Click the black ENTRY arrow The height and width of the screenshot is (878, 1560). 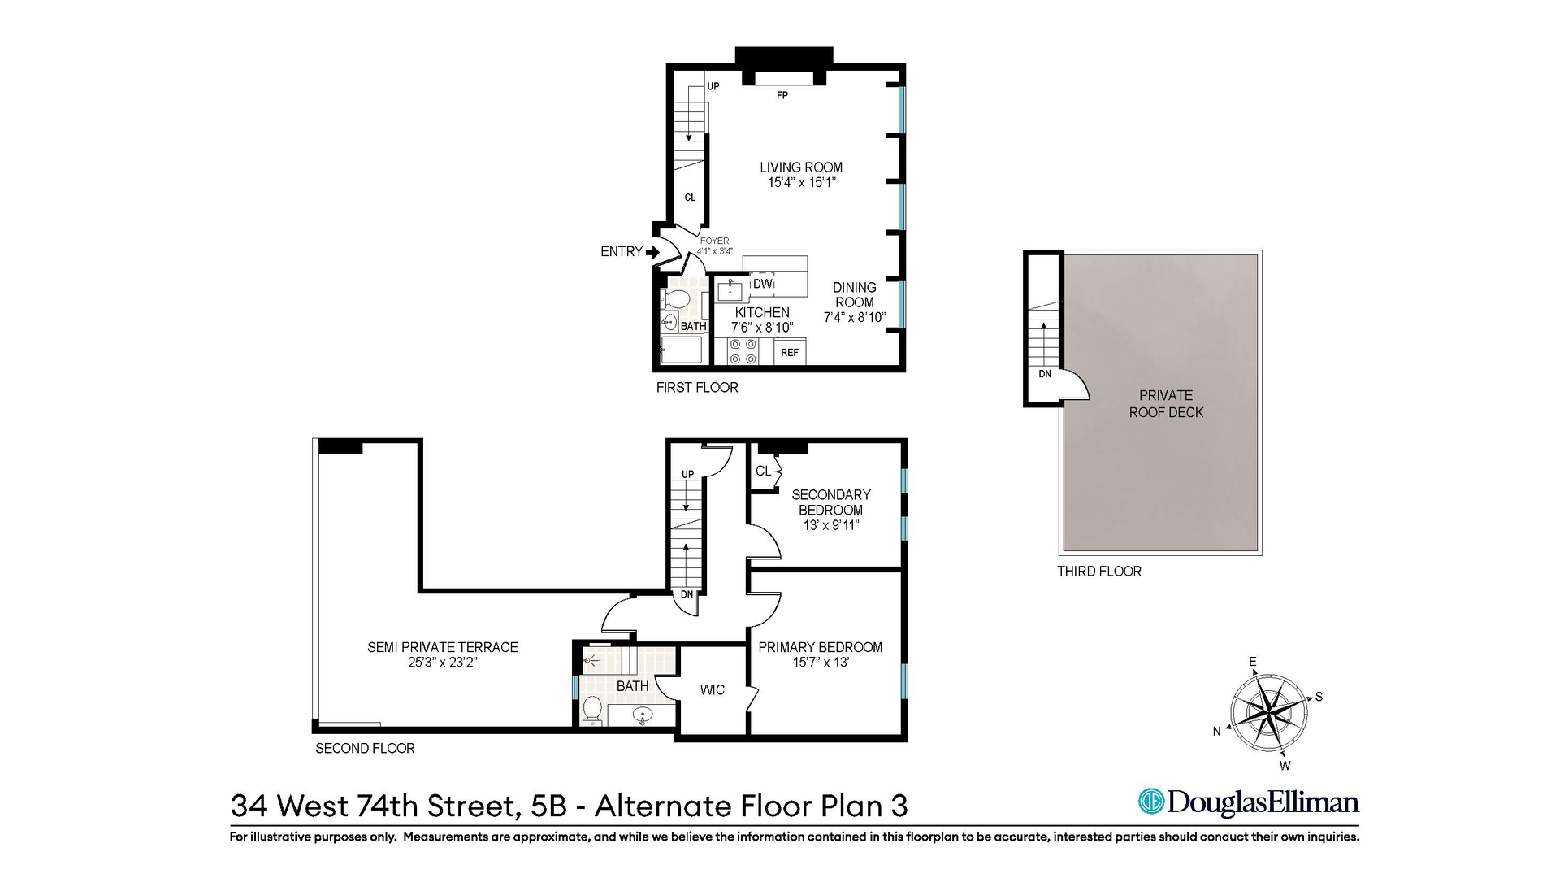(652, 252)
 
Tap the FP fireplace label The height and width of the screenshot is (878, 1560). (782, 96)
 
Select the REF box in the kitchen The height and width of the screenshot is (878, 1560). (790, 352)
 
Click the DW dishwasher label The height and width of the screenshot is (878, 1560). (762, 284)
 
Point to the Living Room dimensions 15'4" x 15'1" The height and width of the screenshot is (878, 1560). (801, 183)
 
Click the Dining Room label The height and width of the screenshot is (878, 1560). (855, 294)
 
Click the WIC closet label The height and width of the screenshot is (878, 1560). (713, 690)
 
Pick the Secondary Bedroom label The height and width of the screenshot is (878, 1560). (830, 502)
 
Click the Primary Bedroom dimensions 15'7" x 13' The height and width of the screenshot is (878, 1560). (821, 663)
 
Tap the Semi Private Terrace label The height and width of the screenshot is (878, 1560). (442, 647)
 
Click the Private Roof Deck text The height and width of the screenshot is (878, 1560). (1166, 404)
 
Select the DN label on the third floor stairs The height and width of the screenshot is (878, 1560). (1045, 374)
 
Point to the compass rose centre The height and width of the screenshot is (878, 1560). (1268, 713)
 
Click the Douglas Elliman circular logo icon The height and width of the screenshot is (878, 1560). (1151, 802)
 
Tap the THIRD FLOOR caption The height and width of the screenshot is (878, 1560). (1098, 572)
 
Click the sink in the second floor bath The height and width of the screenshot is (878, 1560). (643, 716)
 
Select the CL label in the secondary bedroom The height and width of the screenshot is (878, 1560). (763, 472)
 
